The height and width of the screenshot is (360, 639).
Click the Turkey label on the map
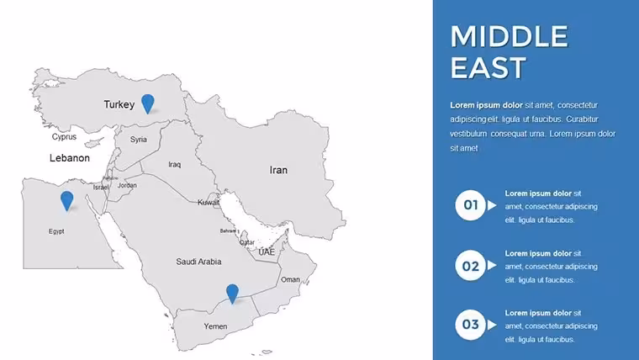coord(119,105)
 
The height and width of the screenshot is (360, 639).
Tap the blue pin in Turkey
coord(148,103)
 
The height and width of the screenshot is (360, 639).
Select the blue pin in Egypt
coord(66,200)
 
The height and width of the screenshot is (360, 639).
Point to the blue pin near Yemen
coord(232,294)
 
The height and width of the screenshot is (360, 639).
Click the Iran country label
coord(278,170)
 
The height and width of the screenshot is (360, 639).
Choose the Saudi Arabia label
coord(198,262)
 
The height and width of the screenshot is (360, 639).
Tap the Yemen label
coord(215,326)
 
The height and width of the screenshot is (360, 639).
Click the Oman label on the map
coord(290,280)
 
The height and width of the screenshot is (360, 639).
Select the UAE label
coord(267,252)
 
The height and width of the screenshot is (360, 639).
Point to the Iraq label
coord(174,165)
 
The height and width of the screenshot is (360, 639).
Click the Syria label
coord(139,140)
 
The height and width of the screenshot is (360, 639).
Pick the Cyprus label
coord(64,137)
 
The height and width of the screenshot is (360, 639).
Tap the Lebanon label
coord(70,158)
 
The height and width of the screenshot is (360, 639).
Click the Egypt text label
coord(56,231)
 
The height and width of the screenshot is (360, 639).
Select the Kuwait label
coord(209,202)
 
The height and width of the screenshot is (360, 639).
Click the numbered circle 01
coord(470,205)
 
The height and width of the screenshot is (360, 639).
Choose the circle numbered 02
coord(470,266)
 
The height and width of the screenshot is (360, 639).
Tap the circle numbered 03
coord(470,325)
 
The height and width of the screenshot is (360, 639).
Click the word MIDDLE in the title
coord(509,36)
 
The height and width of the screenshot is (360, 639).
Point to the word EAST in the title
coord(488,67)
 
